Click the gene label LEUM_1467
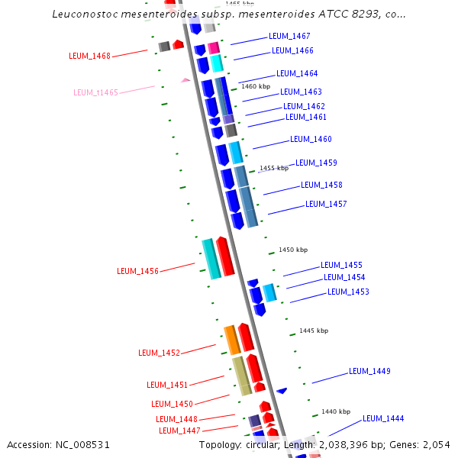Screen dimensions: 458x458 click(x=289, y=36)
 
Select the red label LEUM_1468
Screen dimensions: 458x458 click(x=89, y=56)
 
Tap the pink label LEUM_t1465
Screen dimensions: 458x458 click(x=95, y=92)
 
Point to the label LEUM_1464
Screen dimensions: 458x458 click(x=297, y=73)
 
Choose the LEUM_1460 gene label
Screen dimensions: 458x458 click(x=311, y=139)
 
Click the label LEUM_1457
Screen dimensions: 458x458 click(x=326, y=204)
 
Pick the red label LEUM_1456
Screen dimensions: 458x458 click(x=137, y=271)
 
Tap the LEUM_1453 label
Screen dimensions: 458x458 click(x=348, y=292)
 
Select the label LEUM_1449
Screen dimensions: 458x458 click(x=369, y=371)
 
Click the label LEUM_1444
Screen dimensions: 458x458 click(x=383, y=418)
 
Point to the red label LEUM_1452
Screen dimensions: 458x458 click(x=159, y=353)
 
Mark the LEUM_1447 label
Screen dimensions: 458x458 click(x=179, y=431)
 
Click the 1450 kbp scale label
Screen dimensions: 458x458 click(x=293, y=250)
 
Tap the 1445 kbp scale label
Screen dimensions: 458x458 click(x=314, y=331)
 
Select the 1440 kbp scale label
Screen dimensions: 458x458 click(x=335, y=411)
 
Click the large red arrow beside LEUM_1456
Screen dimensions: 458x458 click(x=225, y=257)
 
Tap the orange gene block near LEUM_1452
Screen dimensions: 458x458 click(x=232, y=340)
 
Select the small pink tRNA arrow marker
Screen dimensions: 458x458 click(x=185, y=79)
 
